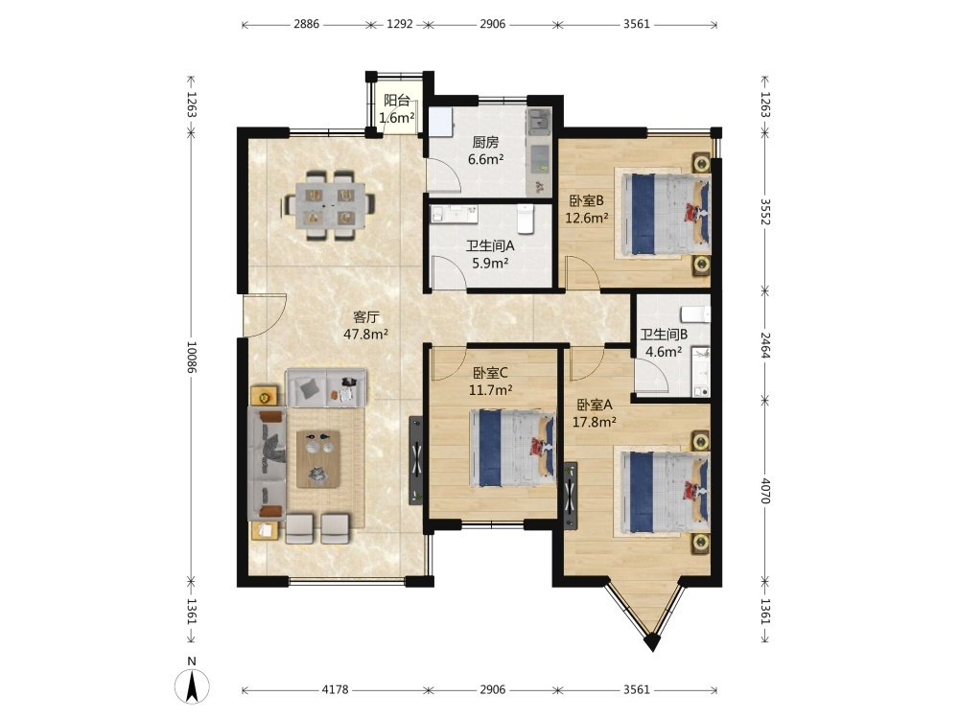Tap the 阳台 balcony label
click(x=396, y=101)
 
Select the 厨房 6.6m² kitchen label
click(x=485, y=151)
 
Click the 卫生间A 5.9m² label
click(x=490, y=255)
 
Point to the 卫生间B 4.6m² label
click(x=664, y=343)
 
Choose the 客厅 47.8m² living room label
click(x=366, y=325)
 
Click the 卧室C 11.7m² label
click(x=490, y=381)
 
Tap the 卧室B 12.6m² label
click(x=587, y=209)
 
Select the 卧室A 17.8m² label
click(x=594, y=412)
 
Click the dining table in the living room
click(x=330, y=205)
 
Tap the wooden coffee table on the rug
click(x=318, y=459)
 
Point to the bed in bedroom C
click(x=512, y=448)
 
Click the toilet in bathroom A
click(x=526, y=219)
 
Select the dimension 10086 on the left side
click(x=192, y=358)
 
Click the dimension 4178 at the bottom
click(x=335, y=689)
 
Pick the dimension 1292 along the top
click(x=399, y=25)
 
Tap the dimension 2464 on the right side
click(x=765, y=345)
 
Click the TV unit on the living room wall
click(x=416, y=460)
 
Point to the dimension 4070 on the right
click(x=765, y=491)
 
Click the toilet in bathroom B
click(x=696, y=314)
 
